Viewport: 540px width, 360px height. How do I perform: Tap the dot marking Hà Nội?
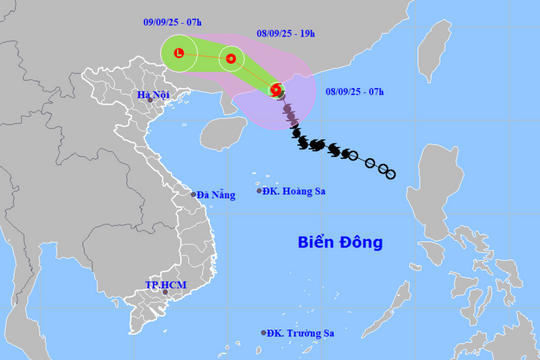pyautogui.click(x=150, y=100)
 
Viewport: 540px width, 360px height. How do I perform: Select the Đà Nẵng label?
pyautogui.click(x=216, y=194)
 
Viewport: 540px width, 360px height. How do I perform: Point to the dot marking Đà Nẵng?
pyautogui.click(x=194, y=194)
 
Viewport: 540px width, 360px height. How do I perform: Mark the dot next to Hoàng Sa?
pyautogui.click(x=259, y=190)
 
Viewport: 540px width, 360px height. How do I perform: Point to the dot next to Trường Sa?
pyautogui.click(x=264, y=333)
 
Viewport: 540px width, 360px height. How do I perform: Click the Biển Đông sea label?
pyautogui.click(x=340, y=242)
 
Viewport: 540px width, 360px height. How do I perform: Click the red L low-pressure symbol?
pyautogui.click(x=178, y=52)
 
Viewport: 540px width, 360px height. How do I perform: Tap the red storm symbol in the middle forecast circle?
pyautogui.click(x=231, y=59)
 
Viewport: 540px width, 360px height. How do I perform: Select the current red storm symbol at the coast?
pyautogui.click(x=277, y=89)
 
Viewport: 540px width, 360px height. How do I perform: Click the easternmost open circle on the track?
pyautogui.click(x=391, y=175)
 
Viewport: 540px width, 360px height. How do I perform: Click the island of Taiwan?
pyautogui.click(x=430, y=54)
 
